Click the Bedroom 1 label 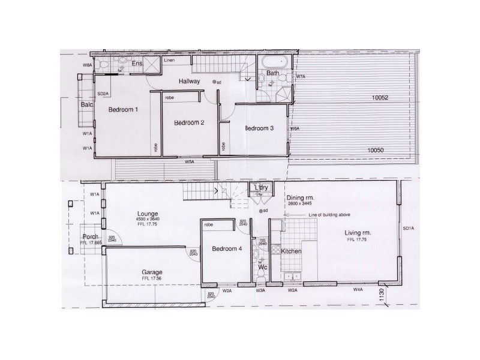point(123,110)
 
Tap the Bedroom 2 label point(189,122)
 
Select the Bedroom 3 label point(259,128)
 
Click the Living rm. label point(358,233)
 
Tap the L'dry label point(261,187)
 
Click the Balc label point(86,104)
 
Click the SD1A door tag point(408,229)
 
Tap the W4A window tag point(358,290)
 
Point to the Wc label point(262,267)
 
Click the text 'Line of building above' point(329,215)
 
